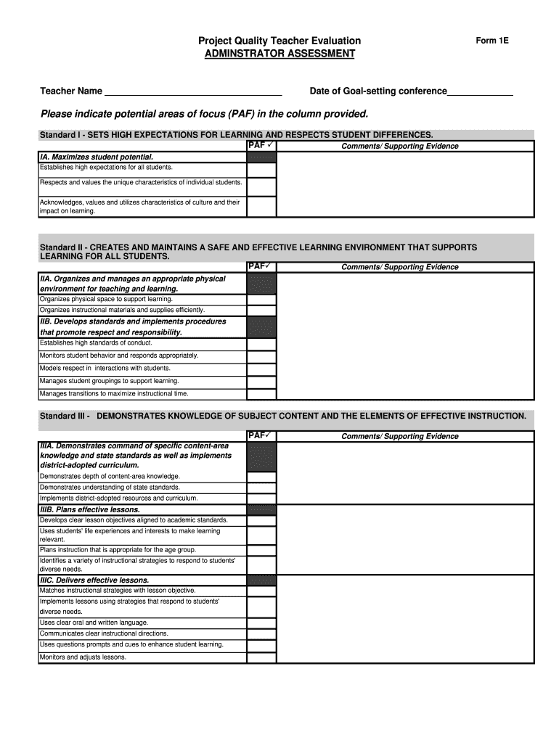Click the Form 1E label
tap(492, 41)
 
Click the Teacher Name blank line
tap(193, 91)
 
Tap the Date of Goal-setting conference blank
tap(480, 91)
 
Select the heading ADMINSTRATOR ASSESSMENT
tap(279, 54)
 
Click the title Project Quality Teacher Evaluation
tap(279, 41)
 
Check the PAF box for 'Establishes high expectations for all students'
tap(261, 169)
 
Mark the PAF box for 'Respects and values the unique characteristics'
tap(261, 186)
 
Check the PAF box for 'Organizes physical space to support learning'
tap(261, 299)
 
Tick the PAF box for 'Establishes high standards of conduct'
tap(261, 343)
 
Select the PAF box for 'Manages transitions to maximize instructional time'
tap(261, 393)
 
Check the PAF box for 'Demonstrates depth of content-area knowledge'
tap(261, 477)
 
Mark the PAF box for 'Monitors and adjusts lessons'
tap(261, 657)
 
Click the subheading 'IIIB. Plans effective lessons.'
tap(90, 510)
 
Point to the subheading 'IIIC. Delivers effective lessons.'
tap(94, 580)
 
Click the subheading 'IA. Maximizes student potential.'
tap(97, 157)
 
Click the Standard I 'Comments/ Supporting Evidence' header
tap(400, 146)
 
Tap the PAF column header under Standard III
tap(260, 435)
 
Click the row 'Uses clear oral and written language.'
tap(94, 623)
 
